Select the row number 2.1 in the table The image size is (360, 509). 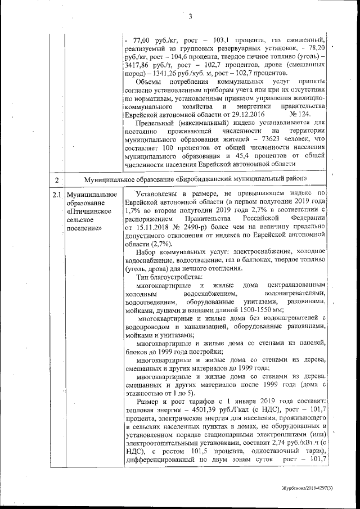[x=57, y=195]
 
